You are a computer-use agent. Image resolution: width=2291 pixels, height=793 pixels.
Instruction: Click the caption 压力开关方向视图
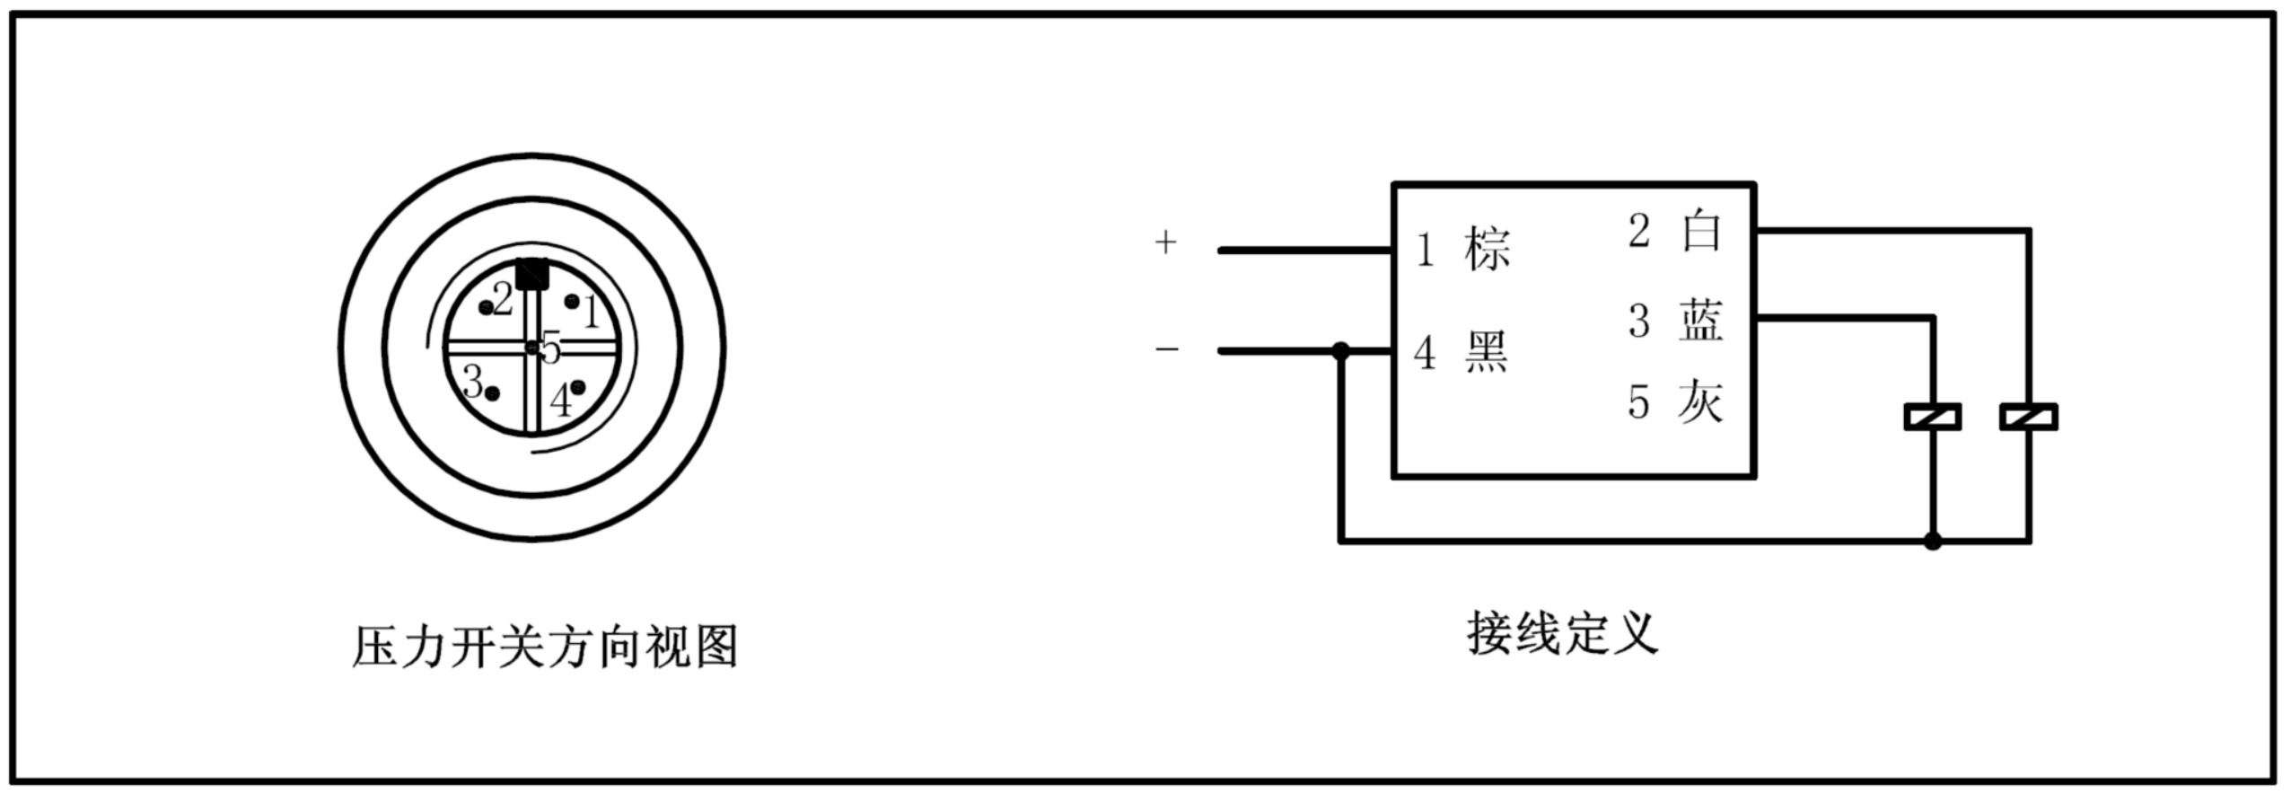coord(545,647)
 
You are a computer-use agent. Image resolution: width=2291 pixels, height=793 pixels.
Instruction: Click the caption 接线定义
coord(1563,634)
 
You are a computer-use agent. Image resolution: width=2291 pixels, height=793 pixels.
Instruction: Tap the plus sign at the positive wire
coord(1165,242)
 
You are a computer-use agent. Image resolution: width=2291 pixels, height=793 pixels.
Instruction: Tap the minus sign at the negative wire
coord(1166,348)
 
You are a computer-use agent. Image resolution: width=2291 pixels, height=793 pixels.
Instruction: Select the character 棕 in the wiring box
coord(1488,249)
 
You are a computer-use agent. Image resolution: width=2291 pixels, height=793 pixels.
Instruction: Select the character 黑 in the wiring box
coord(1487,352)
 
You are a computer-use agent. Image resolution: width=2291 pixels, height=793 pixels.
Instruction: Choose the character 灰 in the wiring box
coord(1700,401)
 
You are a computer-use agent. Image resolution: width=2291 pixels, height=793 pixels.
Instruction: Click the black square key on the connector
coord(532,273)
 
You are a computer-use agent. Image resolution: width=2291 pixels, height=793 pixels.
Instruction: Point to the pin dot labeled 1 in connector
coord(571,301)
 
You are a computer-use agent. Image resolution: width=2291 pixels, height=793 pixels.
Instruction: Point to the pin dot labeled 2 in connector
coord(487,308)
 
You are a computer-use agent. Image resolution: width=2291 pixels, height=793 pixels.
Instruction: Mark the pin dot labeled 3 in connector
coord(492,392)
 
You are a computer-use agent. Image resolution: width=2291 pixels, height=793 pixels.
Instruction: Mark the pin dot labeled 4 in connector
coord(577,387)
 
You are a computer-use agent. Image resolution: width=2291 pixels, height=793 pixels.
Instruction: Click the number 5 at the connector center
coord(550,348)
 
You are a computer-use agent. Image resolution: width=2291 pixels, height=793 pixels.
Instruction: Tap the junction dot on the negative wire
coord(1340,351)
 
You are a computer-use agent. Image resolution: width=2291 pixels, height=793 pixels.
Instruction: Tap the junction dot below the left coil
coord(1933,542)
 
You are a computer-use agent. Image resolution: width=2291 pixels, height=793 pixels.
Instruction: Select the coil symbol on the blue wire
coord(1933,417)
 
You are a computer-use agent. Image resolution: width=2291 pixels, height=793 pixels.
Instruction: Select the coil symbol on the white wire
coord(2029,417)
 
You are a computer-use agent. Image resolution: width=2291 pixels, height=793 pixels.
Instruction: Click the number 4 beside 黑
coord(1425,353)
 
